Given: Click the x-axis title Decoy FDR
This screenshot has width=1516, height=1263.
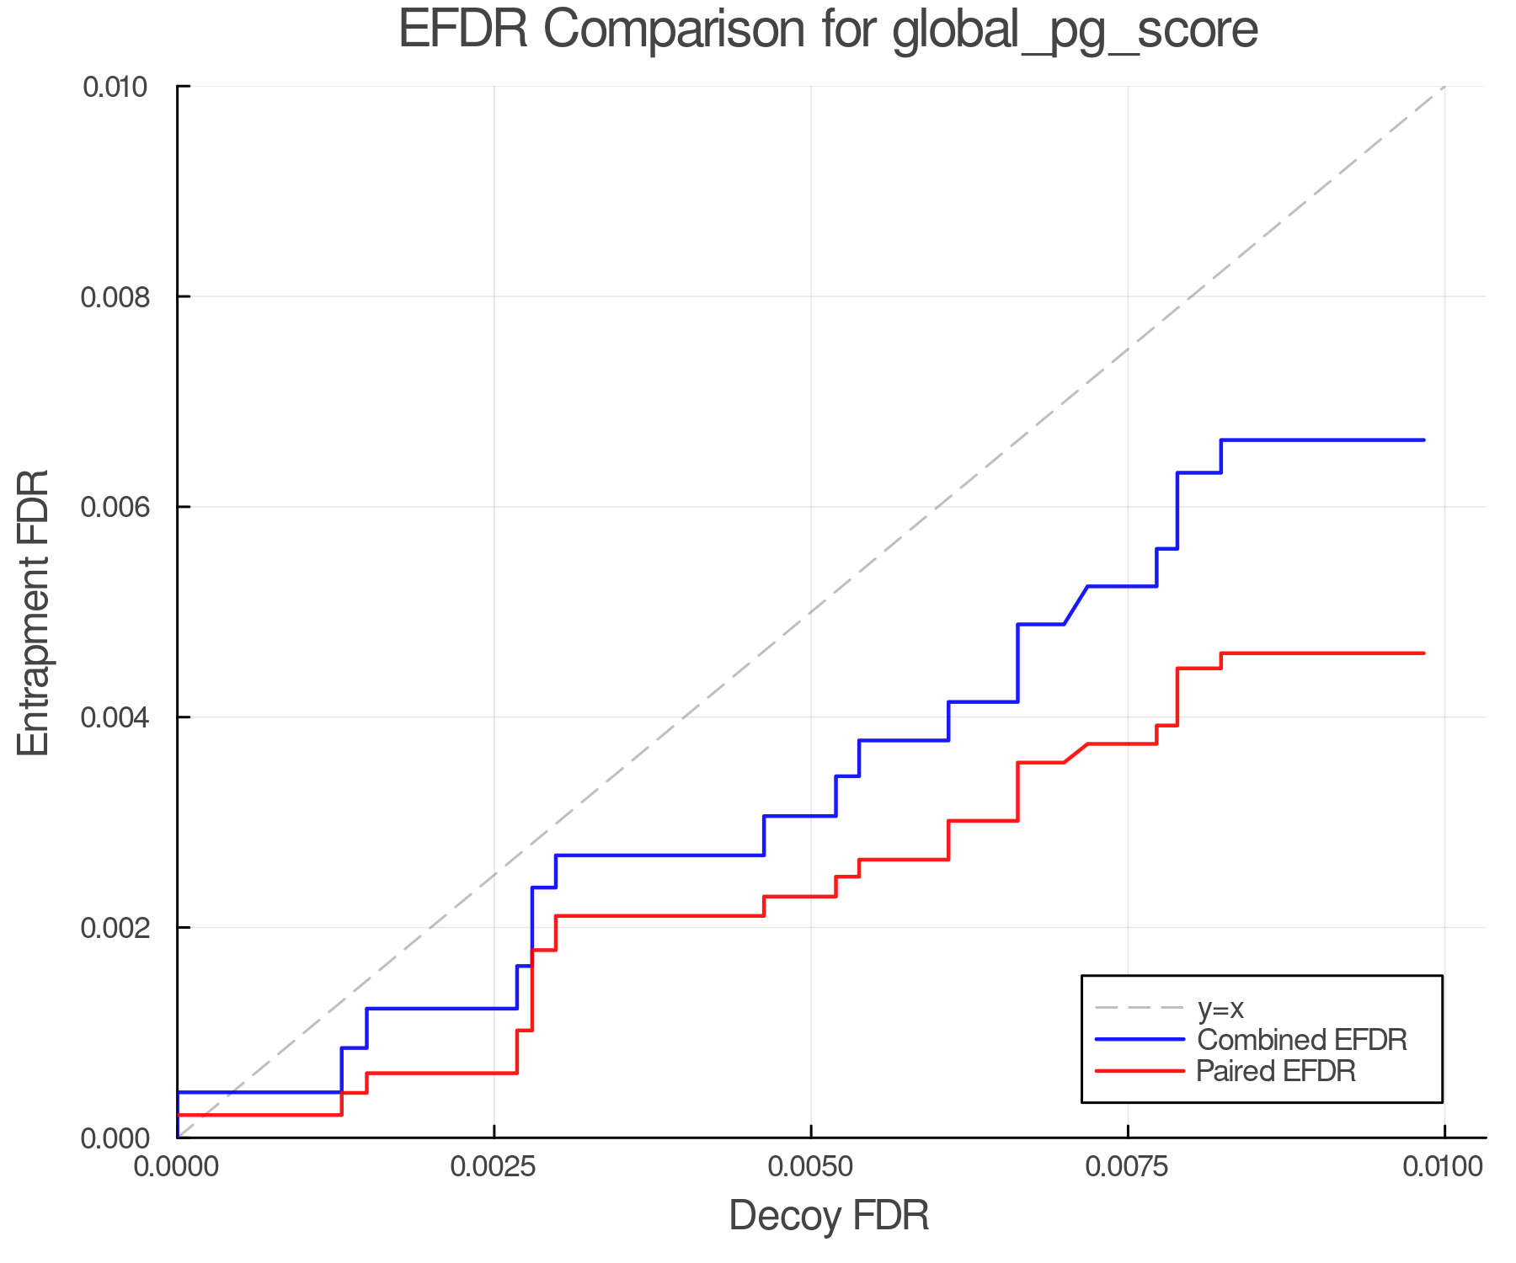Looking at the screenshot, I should [829, 1215].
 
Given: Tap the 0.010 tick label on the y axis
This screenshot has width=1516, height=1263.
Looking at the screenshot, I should [115, 87].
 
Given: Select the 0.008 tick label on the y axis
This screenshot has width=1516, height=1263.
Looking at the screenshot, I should [115, 297].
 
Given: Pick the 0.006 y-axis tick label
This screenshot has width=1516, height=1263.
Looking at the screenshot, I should [115, 508].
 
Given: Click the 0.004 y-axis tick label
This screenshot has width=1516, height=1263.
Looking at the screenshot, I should [115, 718].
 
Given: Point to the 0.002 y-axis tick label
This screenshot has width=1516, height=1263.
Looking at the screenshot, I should [115, 929].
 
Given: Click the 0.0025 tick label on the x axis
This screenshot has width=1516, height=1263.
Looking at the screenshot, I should [494, 1166].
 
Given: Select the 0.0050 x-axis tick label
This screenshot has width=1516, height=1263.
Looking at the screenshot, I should [810, 1166].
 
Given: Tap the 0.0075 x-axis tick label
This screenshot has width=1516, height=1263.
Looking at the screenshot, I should [1127, 1166].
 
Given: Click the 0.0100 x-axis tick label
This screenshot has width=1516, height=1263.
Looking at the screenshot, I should [1444, 1166].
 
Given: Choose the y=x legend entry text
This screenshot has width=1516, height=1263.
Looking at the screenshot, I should [1220, 1008].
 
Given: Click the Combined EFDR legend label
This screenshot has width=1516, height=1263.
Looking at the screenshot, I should [1301, 1039].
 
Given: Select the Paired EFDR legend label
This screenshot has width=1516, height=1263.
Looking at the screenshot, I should [1276, 1071].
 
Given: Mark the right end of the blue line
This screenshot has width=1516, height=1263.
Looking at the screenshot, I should [1423, 440].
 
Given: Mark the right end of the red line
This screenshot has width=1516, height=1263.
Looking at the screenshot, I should [1423, 653].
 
